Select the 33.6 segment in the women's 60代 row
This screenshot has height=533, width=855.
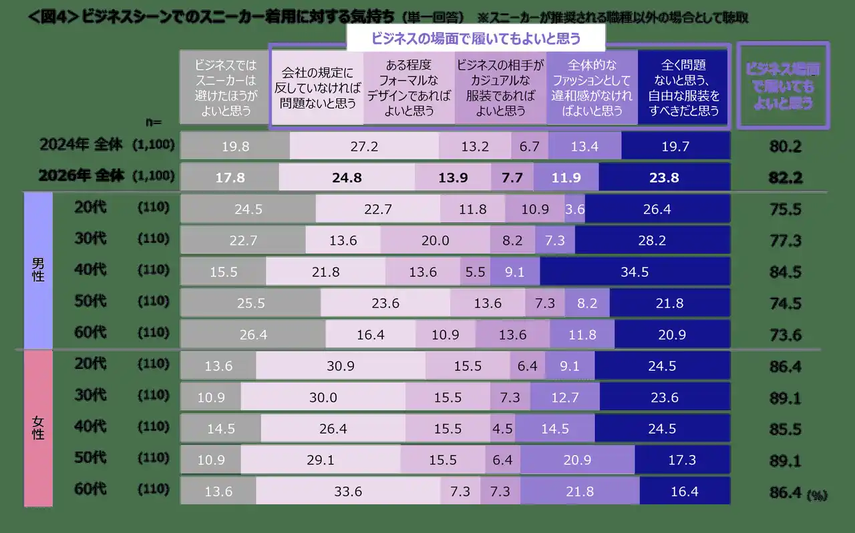(x=347, y=492)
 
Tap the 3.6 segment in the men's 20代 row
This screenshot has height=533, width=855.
(x=574, y=209)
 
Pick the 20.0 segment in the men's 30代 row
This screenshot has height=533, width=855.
(x=436, y=241)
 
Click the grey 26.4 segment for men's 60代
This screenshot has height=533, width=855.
(x=253, y=335)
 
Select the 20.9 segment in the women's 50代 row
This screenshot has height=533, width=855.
(x=577, y=460)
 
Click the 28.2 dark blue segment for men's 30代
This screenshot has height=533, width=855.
(x=652, y=241)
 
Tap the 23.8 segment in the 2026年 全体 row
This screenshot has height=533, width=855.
(x=665, y=178)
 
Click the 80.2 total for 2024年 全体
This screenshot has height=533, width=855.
(x=785, y=147)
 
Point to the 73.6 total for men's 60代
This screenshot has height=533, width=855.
(x=785, y=335)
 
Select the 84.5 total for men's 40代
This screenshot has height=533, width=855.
(x=785, y=272)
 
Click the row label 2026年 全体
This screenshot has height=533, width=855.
(x=82, y=176)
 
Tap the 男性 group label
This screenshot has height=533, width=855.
(x=38, y=270)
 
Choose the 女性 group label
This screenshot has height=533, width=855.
(x=38, y=427)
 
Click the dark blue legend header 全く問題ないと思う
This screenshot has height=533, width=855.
(x=683, y=88)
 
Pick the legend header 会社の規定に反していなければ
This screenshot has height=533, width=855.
(x=317, y=88)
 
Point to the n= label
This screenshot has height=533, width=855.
(x=154, y=122)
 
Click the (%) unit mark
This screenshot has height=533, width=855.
(x=816, y=496)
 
